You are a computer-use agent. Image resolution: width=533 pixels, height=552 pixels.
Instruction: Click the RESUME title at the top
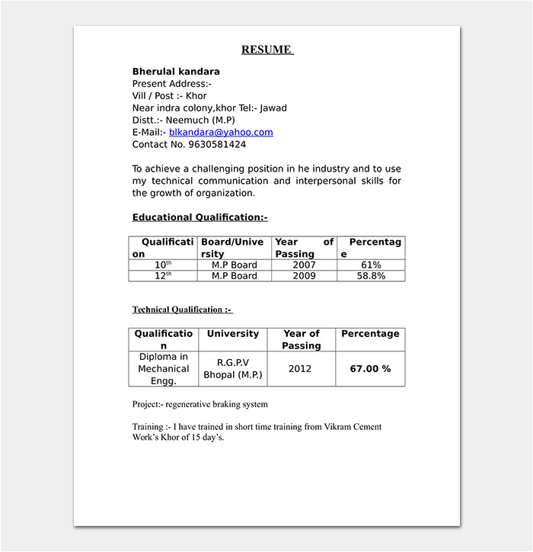[266, 50]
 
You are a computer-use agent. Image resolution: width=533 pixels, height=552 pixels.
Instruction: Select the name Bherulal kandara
[176, 72]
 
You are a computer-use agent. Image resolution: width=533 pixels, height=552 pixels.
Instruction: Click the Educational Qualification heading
[199, 217]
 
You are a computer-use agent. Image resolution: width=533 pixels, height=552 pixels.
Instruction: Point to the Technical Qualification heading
[182, 310]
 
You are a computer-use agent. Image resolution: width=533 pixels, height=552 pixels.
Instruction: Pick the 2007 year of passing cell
[305, 265]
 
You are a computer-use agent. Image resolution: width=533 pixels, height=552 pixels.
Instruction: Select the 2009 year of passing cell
[305, 276]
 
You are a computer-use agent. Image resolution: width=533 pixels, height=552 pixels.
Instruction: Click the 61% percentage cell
[371, 265]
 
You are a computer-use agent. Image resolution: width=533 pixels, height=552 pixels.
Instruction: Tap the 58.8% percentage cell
[371, 276]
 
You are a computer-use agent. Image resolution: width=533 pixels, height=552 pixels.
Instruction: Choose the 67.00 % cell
[370, 368]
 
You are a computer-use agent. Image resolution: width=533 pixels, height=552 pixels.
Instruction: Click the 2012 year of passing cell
[300, 368]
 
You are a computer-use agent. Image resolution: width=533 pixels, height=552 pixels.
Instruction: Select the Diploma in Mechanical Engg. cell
[163, 368]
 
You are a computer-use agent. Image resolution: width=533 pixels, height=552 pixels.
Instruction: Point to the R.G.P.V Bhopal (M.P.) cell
[232, 368]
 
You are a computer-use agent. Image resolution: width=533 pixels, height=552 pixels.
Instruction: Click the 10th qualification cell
[163, 265]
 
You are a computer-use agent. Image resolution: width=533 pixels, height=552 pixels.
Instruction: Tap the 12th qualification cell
[163, 276]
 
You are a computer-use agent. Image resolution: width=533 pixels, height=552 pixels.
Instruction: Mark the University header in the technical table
[232, 334]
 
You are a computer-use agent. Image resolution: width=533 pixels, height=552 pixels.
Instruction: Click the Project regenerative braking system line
[199, 404]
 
